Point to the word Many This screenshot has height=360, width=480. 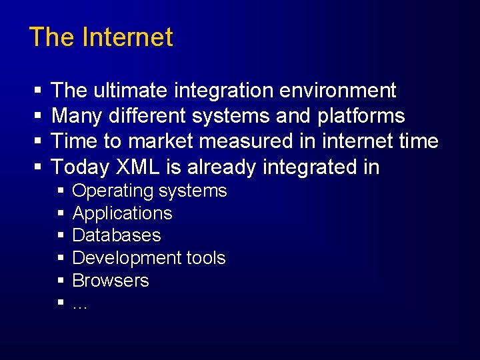75,116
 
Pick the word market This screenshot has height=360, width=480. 167,141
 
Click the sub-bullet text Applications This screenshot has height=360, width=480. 122,214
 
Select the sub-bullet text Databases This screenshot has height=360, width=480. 116,235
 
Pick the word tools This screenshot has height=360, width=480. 205,258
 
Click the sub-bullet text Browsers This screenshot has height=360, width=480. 110,281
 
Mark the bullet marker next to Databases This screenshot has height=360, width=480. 60,236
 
